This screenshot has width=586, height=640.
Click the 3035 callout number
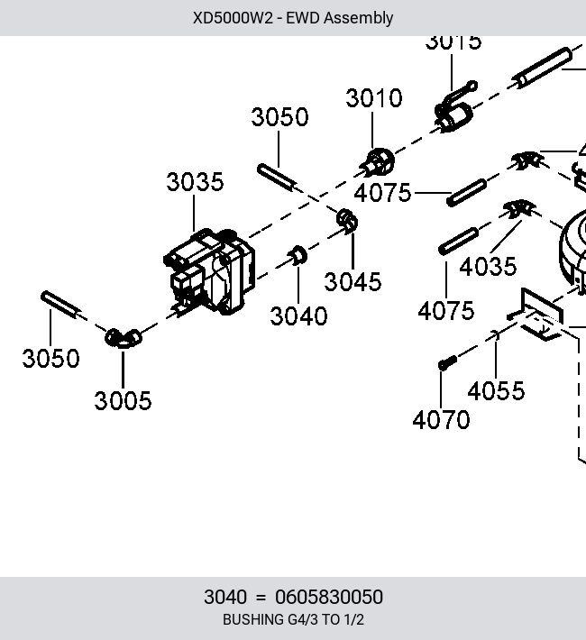point(196,182)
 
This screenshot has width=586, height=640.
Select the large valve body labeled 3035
point(209,272)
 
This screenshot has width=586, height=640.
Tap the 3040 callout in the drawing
point(298,316)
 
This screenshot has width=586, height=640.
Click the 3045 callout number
point(353,282)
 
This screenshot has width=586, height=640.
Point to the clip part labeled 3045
point(347,221)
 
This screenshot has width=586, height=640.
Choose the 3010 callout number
point(373,98)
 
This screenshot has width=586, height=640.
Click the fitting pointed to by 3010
point(378,163)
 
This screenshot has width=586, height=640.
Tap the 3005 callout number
point(123,401)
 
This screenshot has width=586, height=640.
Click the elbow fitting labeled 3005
point(123,338)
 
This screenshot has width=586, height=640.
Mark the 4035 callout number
point(488,267)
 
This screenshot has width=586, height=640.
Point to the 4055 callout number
point(496,391)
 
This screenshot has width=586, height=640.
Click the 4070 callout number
point(441,420)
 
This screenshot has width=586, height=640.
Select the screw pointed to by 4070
point(447,363)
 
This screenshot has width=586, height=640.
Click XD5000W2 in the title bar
point(233,18)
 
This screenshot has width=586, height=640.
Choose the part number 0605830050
point(329,597)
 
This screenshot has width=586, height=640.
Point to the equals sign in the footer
point(261,598)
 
